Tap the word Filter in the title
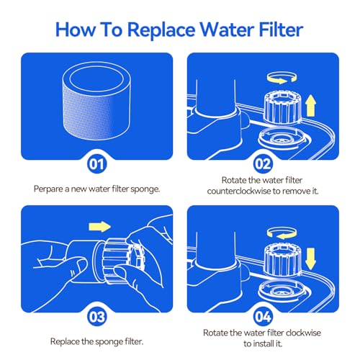point(281,30)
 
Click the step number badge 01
point(96,164)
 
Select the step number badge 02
point(263,164)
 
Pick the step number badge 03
point(96,317)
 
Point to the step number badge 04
point(263,317)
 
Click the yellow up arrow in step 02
point(311,106)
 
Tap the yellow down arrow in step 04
point(311,258)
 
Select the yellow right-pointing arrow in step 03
point(99,227)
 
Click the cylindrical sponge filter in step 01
point(96,101)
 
